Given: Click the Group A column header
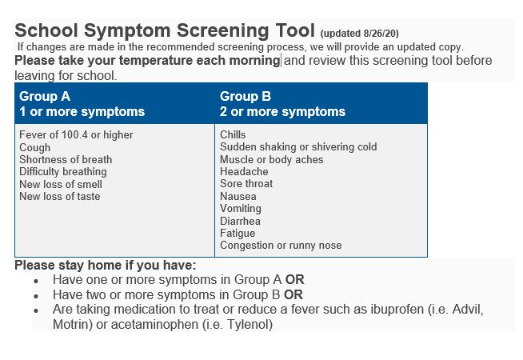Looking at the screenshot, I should click(x=82, y=104).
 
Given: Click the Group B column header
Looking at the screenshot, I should click(x=282, y=104).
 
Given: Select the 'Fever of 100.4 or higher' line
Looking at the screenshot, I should click(x=76, y=135).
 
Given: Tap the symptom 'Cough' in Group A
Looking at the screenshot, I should click(x=34, y=147).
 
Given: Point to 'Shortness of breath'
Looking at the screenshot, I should click(x=66, y=159).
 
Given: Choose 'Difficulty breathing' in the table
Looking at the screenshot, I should click(x=62, y=171).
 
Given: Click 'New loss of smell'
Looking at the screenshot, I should click(x=61, y=184).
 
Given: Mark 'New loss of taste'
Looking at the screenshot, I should click(x=60, y=196).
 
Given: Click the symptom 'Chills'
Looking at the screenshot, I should click(x=233, y=135).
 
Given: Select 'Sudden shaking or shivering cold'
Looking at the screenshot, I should click(x=298, y=147).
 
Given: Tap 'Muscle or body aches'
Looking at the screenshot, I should click(x=272, y=159).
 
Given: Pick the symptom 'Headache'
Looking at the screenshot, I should click(x=244, y=171).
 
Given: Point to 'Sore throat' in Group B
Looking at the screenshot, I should click(x=246, y=183).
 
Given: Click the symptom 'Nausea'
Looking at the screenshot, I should click(x=238, y=196).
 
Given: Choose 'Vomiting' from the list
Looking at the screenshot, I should click(x=240, y=208).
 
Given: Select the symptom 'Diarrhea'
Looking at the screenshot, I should click(x=240, y=221).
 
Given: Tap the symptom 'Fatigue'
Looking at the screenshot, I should click(x=238, y=233).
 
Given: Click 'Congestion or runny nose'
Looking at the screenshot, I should click(x=281, y=246).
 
